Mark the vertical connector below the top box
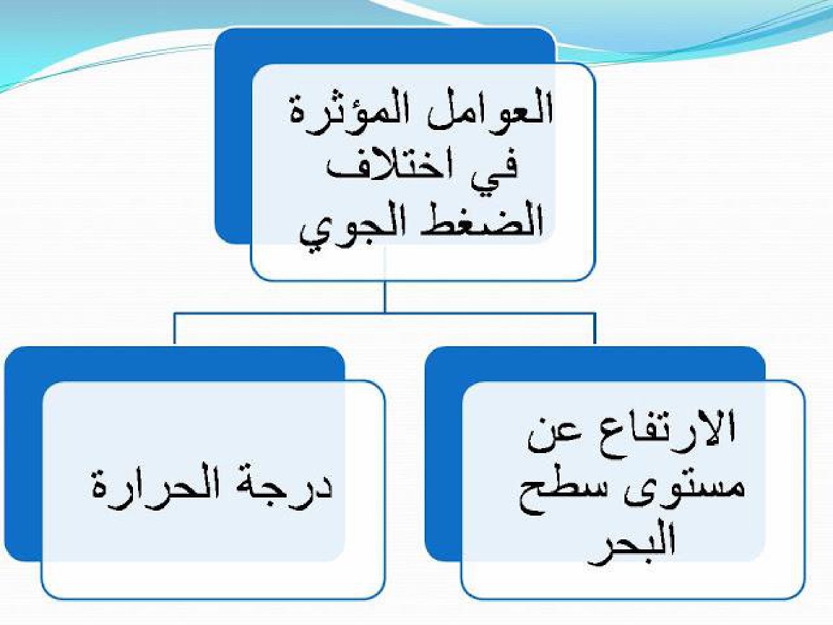click(385, 297)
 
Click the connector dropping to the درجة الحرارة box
click(174, 329)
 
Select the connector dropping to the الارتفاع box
click(594, 329)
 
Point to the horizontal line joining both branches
click(384, 314)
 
